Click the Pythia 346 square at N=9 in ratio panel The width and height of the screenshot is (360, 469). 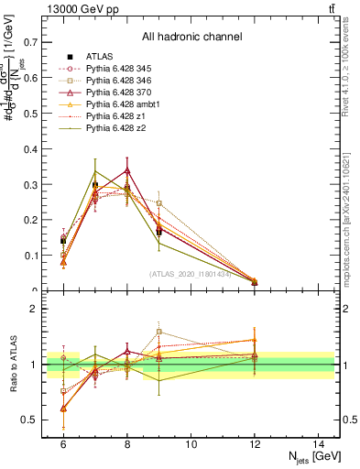pyautogui.click(x=159, y=333)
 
